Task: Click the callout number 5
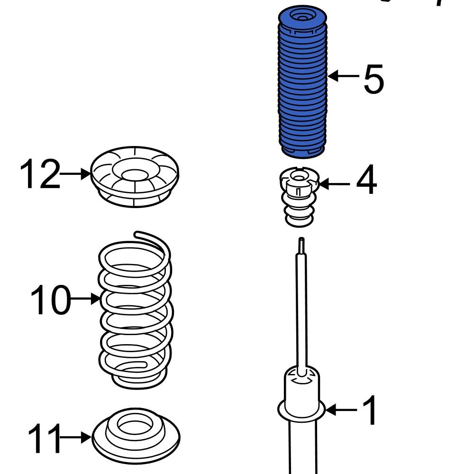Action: pyautogui.click(x=374, y=79)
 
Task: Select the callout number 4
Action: pyautogui.click(x=366, y=181)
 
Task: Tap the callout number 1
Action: pyautogui.click(x=370, y=410)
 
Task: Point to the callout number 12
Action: pyautogui.click(x=40, y=174)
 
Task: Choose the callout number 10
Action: pyautogui.click(x=49, y=300)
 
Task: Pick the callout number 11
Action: pyautogui.click(x=44, y=438)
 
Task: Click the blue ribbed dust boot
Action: pyautogui.click(x=301, y=85)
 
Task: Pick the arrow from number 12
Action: pyautogui.click(x=76, y=174)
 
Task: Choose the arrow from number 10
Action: pyautogui.click(x=85, y=299)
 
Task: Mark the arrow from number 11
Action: pyautogui.click(x=76, y=438)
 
